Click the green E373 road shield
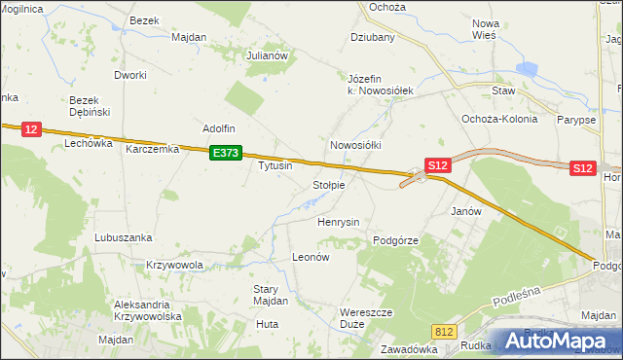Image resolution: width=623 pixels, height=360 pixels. (x=226, y=153)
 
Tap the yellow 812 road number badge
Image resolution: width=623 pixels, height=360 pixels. (x=445, y=332)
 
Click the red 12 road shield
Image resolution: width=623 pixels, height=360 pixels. (x=31, y=128)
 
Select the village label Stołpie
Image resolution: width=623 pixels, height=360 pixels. (x=328, y=185)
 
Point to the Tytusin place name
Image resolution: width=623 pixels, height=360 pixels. (x=275, y=165)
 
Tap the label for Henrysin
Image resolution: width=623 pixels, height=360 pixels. (x=339, y=222)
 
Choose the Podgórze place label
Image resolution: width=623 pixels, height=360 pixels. (x=396, y=239)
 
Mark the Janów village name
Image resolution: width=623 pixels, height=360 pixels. (x=467, y=210)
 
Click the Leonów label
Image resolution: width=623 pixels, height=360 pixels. (x=312, y=257)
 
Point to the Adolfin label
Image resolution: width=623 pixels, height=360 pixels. (x=219, y=127)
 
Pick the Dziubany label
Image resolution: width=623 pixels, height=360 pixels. (x=373, y=38)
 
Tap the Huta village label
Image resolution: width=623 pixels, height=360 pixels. (x=267, y=323)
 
